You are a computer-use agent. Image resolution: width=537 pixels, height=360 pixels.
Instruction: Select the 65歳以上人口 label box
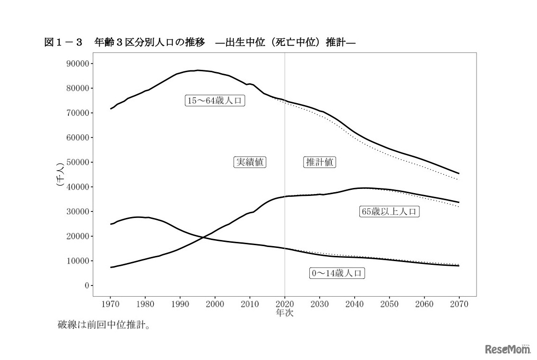point(389,211)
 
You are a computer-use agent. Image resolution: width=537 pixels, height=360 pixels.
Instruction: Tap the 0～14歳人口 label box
point(337,273)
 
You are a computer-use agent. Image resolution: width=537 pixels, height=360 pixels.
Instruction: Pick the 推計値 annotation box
point(320,162)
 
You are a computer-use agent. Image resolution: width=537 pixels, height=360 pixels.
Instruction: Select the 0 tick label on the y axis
point(85,285)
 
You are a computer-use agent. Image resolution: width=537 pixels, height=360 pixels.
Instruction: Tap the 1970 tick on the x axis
point(111,304)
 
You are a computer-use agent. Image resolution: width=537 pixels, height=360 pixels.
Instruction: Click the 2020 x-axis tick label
point(285,304)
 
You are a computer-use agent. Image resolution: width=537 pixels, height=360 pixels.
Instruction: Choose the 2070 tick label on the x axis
point(459,304)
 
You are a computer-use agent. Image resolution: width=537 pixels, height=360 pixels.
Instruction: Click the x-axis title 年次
point(285,313)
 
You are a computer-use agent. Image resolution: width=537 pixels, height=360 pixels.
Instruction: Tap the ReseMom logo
point(507,349)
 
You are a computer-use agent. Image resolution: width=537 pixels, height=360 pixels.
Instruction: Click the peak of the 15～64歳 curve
point(198,70)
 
